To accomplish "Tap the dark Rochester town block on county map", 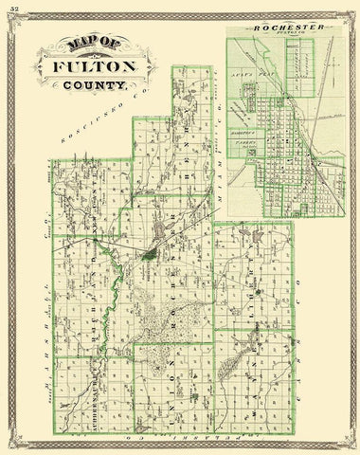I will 152,253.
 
